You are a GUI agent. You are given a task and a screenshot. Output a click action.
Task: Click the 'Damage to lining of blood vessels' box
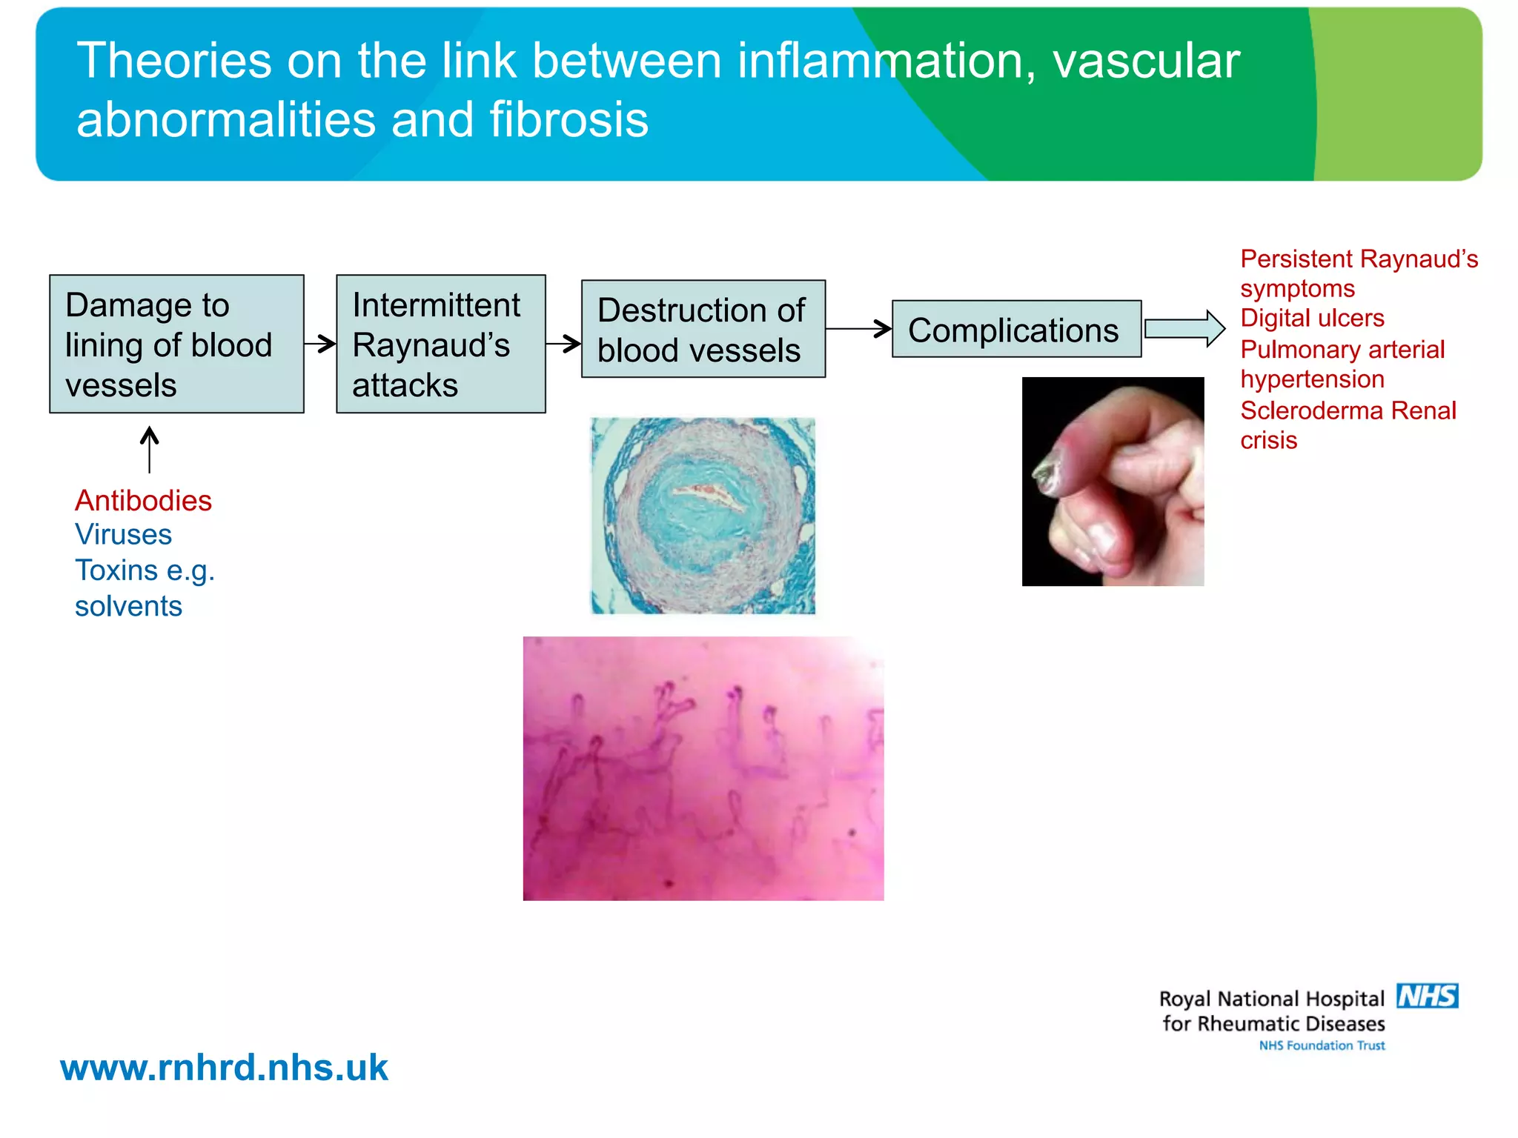176,344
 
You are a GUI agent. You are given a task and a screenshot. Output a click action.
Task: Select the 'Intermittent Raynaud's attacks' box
441,344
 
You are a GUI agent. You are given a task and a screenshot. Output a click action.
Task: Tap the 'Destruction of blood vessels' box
703,329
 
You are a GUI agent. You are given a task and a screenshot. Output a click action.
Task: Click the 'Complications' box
1016,329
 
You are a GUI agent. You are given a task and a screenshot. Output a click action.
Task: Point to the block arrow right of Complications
1184,328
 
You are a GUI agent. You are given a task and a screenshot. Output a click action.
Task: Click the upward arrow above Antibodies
150,449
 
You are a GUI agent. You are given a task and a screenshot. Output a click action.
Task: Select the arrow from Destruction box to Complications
858,328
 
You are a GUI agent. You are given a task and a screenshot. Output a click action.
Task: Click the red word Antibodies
143,501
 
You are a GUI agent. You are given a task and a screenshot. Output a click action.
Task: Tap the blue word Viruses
123,535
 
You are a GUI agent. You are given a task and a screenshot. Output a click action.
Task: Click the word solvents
128,606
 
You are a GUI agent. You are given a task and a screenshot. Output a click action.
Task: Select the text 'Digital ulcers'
1312,318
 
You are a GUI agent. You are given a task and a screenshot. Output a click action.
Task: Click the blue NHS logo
1427,996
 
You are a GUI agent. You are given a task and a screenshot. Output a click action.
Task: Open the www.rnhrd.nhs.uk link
224,1068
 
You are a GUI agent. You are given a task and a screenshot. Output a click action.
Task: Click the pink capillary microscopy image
703,768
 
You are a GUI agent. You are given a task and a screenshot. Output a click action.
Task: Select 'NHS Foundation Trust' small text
1322,1045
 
